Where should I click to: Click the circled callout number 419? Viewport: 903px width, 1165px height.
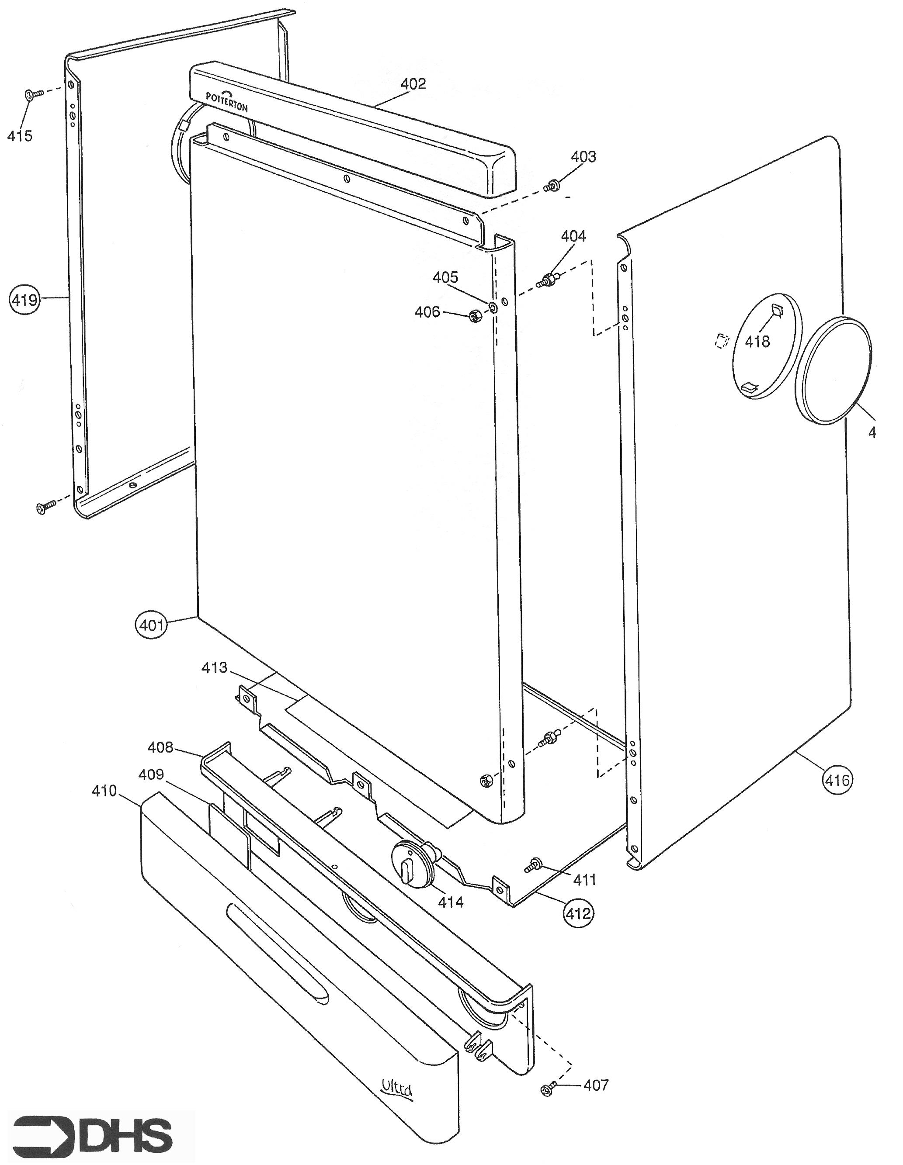click(25, 300)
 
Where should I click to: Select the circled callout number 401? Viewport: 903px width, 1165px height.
click(152, 624)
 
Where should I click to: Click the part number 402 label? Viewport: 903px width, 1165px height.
click(413, 84)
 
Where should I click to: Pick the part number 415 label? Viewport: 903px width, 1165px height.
click(20, 135)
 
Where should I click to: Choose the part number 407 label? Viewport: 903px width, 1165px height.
click(596, 1085)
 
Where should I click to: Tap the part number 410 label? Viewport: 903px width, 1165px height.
click(104, 791)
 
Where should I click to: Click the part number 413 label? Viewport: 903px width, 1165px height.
click(214, 667)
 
